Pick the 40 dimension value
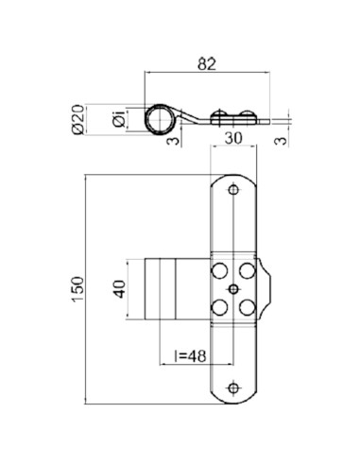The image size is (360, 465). tap(118, 288)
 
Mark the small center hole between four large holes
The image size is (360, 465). tap(232, 286)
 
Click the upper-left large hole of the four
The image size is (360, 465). tap(219, 268)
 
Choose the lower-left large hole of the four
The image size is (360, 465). tap(219, 305)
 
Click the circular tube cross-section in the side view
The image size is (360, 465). tap(161, 120)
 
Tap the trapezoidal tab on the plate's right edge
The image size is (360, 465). tap(267, 287)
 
